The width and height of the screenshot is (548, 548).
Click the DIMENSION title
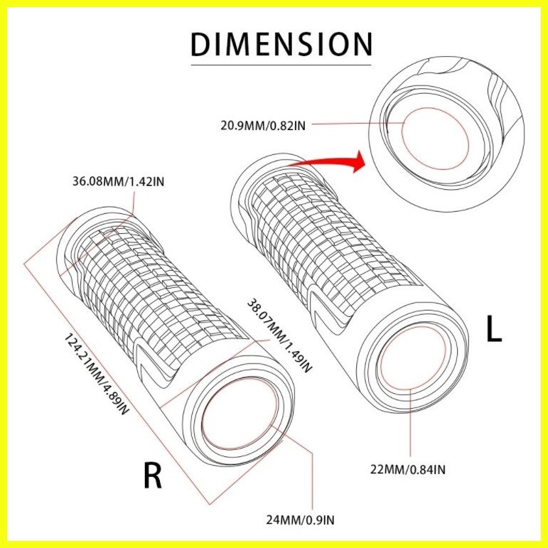(281, 44)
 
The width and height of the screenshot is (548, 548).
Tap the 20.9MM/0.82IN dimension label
(263, 126)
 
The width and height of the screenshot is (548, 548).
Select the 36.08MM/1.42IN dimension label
(118, 182)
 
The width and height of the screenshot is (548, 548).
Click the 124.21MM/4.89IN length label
(97, 374)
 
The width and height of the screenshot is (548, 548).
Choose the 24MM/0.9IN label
(300, 520)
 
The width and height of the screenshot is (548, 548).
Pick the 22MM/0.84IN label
(408, 469)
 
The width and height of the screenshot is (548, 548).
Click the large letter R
(153, 476)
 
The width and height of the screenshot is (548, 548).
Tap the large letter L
(494, 331)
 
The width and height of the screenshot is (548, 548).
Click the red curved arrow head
(359, 161)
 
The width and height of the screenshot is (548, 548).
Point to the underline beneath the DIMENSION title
(281, 65)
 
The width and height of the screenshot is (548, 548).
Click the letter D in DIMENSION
(200, 44)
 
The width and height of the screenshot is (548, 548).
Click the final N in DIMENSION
(362, 44)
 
